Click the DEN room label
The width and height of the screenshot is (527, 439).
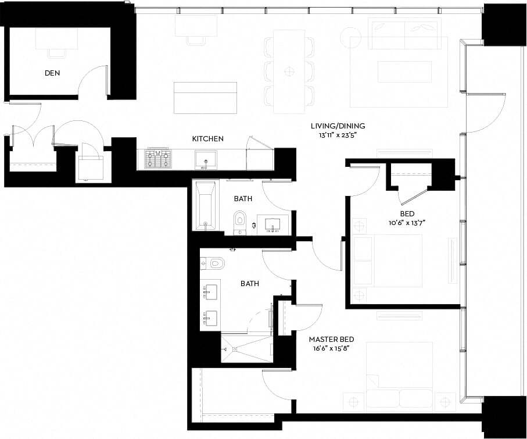[x=52, y=74]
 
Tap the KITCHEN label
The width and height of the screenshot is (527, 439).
[x=207, y=139]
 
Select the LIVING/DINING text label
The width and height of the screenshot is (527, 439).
[x=338, y=126]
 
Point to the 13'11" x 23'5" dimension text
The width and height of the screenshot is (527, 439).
[x=338, y=135]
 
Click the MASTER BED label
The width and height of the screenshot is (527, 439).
[x=331, y=340]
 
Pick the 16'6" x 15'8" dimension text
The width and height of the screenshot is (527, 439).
[x=331, y=348]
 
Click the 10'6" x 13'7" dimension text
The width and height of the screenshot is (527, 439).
[x=411, y=223]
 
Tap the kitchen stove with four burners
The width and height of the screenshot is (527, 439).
[x=158, y=158]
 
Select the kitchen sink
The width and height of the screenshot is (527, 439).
[x=205, y=159]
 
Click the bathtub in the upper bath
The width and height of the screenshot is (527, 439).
[x=206, y=205]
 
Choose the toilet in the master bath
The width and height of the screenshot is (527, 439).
[x=213, y=263]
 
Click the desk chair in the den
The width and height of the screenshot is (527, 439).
[x=57, y=52]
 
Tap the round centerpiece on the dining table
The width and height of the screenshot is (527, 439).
[x=289, y=72]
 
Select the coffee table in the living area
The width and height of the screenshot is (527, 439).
[x=404, y=72]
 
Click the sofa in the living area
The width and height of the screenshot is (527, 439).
[x=404, y=34]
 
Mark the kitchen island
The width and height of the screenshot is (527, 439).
[x=205, y=98]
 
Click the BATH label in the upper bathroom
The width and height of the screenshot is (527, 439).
[x=243, y=199]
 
